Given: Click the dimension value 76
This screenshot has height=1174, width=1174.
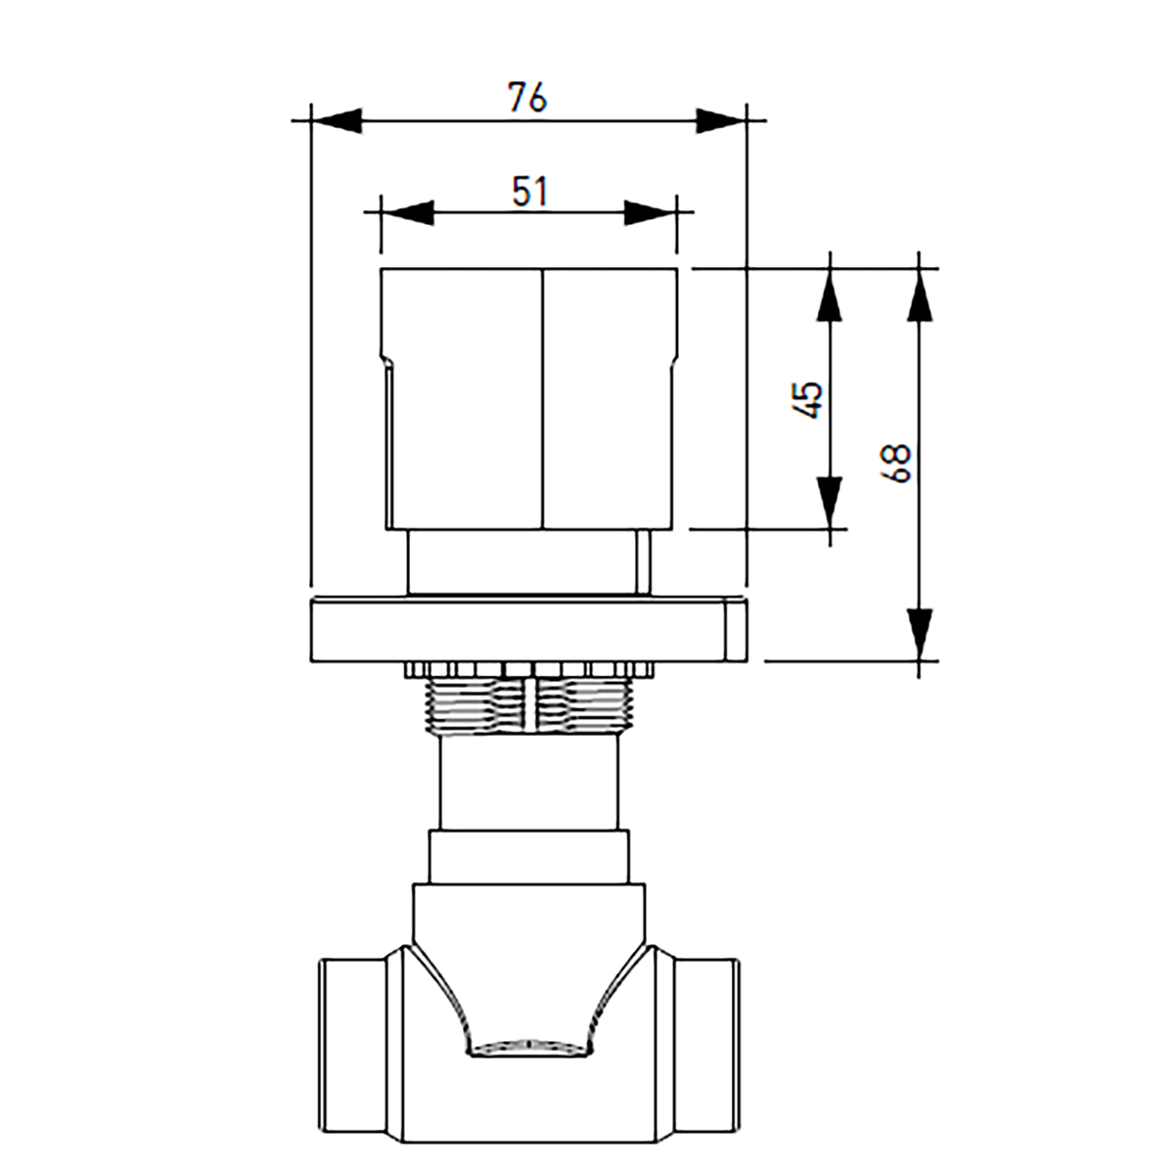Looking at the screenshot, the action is (x=527, y=98).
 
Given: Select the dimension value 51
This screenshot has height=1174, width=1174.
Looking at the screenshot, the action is (x=530, y=192).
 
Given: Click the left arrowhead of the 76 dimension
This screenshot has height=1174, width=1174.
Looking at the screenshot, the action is (x=337, y=120).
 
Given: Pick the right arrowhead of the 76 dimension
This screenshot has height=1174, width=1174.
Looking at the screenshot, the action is (x=721, y=120).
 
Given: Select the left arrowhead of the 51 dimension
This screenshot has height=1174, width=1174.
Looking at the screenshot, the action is (x=407, y=212).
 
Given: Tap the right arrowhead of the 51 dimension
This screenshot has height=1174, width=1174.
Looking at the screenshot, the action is (x=650, y=212).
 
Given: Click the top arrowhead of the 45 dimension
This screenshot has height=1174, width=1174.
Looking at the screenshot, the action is (x=830, y=294).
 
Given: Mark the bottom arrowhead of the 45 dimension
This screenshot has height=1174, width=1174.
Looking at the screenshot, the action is (x=830, y=502).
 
